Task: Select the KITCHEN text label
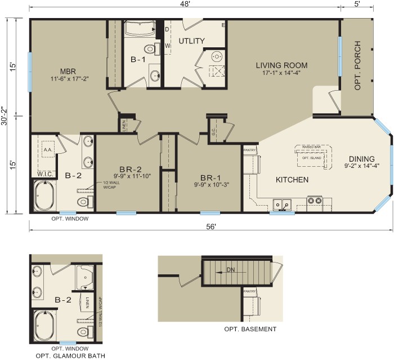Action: click(x=292, y=180)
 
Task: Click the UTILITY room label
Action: click(x=191, y=41)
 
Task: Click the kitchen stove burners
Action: click(x=314, y=201)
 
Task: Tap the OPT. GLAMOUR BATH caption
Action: click(x=70, y=355)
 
